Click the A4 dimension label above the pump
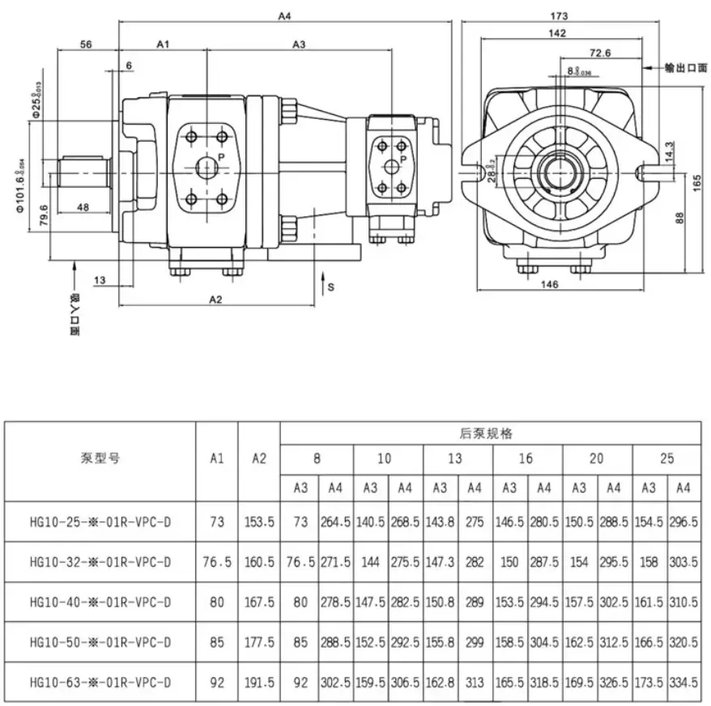[283, 15]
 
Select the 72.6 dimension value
[599, 53]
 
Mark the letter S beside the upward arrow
[330, 287]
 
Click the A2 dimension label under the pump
[215, 300]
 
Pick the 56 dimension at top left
[86, 44]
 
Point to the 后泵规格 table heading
[491, 433]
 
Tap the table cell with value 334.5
[683, 683]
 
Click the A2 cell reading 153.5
[259, 523]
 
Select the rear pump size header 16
[526, 458]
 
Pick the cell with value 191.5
[259, 683]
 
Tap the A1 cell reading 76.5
[216, 562]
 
